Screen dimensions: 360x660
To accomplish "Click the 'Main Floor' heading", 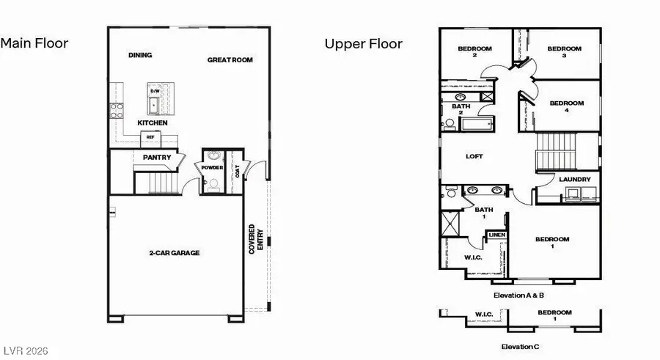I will click(x=34, y=43).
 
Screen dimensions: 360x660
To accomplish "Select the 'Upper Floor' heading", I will click(x=364, y=44).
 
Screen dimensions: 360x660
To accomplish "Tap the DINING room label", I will click(x=140, y=55).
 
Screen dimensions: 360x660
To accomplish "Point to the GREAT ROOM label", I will click(x=230, y=60).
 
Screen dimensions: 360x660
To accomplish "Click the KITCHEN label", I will click(x=153, y=122).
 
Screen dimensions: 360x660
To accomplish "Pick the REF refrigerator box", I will click(x=150, y=137).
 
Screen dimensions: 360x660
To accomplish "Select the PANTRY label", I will click(x=157, y=157).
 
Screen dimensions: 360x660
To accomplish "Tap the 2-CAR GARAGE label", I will click(x=175, y=253).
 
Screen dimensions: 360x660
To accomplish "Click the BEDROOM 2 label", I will click(x=474, y=51).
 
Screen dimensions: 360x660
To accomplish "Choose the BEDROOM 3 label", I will click(x=565, y=51).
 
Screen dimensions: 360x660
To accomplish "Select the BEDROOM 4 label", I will click(x=567, y=106).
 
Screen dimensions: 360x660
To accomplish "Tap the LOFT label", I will click(x=474, y=156).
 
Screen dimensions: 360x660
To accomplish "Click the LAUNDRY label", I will click(x=574, y=180).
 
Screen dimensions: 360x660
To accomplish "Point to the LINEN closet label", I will click(x=497, y=235).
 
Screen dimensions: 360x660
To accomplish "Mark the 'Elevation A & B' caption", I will click(x=518, y=295).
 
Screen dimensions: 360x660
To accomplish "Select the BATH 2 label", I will click(x=461, y=109).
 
